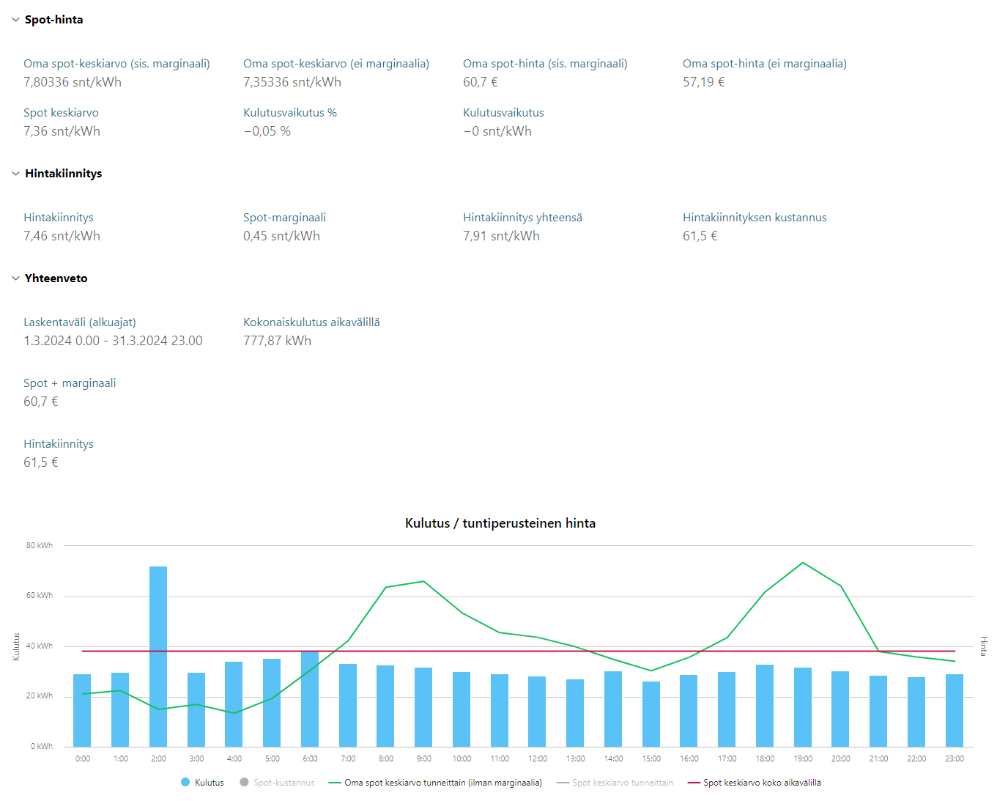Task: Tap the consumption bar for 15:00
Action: pos(651,714)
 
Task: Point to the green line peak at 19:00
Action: pos(803,563)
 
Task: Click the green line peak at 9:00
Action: pos(423,582)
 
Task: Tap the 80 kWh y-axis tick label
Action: pos(40,545)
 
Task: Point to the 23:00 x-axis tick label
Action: pos(954,758)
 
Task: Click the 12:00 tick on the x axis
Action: pos(538,758)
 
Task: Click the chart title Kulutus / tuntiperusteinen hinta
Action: pos(500,523)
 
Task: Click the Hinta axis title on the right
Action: pos(983,646)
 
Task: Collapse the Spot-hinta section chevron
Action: pos(15,20)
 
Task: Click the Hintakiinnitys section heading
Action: pos(64,174)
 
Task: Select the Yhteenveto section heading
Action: pos(56,278)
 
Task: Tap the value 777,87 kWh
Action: pos(277,341)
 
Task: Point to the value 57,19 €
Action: pos(703,82)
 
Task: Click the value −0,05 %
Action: pos(267,131)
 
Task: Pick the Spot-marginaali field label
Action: pos(284,218)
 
